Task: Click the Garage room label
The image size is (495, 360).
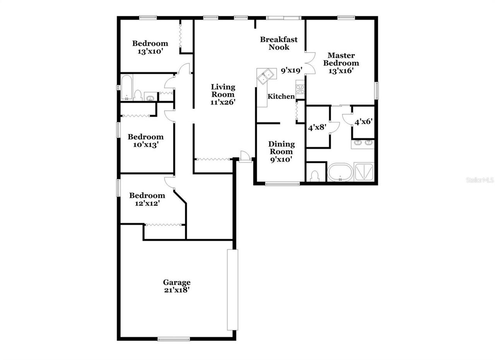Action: coord(176,283)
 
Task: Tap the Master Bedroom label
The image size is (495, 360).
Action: coord(341,59)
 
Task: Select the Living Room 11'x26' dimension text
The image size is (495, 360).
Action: coord(223,102)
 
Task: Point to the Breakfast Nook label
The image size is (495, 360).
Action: coord(279,43)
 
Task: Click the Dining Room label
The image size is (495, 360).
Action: coord(281,148)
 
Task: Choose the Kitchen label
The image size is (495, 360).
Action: coord(281,96)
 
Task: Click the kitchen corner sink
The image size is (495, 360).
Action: coord(266,75)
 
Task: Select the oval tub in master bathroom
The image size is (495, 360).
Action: coord(340,172)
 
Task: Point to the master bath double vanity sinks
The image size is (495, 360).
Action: coord(363,144)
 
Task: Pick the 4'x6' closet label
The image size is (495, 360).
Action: coord(364,122)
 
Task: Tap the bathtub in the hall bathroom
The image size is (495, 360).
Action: coord(126,87)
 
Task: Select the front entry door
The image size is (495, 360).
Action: coord(245,157)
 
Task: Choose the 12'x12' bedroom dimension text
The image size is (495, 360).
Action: coord(147,203)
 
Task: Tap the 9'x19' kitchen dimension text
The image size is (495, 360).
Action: coord(291,70)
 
